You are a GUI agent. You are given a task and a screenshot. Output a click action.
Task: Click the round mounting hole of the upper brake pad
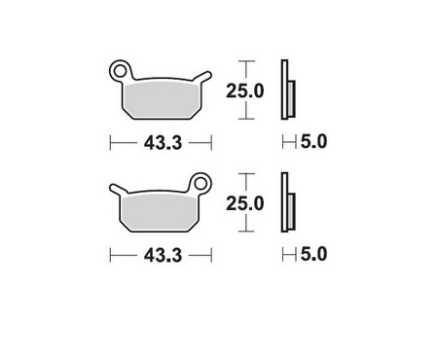(120, 70)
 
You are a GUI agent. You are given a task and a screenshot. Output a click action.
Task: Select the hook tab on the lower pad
(119, 188)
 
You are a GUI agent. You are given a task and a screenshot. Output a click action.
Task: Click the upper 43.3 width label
(161, 142)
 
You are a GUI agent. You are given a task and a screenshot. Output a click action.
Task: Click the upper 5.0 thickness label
(313, 142)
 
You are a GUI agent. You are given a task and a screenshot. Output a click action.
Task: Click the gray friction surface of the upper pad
(161, 97)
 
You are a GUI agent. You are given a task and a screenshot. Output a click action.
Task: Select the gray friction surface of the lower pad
(161, 208)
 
